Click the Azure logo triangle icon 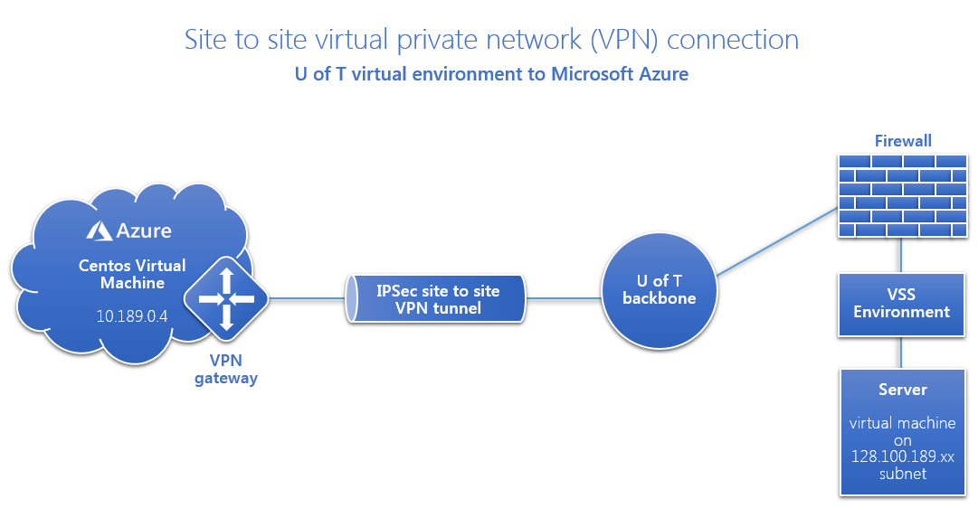tap(100, 231)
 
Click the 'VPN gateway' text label tap(226, 370)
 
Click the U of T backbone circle tap(659, 289)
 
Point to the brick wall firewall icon tap(902, 196)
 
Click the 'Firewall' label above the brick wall tap(903, 141)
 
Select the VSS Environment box tap(902, 304)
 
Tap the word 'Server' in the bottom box tap(902, 390)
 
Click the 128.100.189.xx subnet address tap(902, 457)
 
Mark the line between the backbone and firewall tap(775, 240)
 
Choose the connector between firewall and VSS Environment tap(902, 254)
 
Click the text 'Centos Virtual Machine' tap(132, 274)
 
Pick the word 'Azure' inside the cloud tap(143, 230)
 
